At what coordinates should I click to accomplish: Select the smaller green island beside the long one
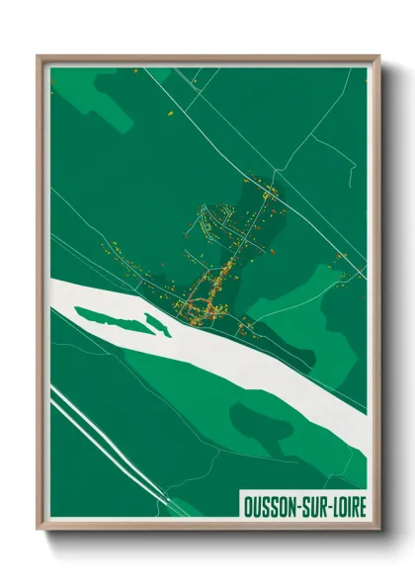click(x=157, y=324)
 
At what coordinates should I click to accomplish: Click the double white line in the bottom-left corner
click(x=99, y=435)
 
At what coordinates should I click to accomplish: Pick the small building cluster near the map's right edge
click(x=341, y=259)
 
